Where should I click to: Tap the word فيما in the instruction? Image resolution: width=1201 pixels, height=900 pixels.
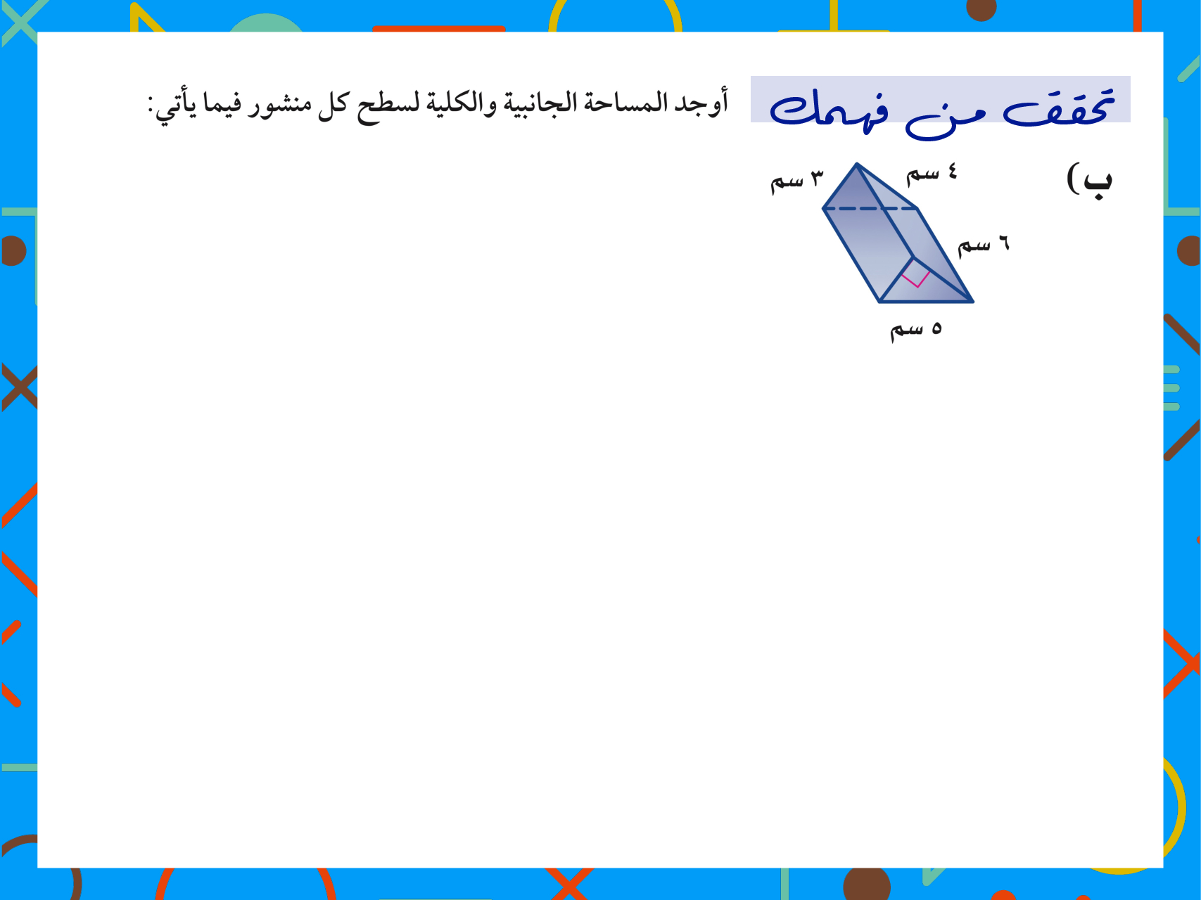tap(222, 104)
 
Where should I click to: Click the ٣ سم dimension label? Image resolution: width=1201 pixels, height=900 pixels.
tap(796, 181)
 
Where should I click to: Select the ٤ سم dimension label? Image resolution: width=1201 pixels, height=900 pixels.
tap(932, 173)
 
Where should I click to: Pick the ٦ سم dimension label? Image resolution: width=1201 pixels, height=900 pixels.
tap(984, 244)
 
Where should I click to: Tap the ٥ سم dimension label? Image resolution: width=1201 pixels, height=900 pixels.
tap(916, 329)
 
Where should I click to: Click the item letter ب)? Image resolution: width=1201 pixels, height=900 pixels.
tap(1090, 180)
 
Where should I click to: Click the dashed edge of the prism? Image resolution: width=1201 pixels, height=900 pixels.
tap(870, 208)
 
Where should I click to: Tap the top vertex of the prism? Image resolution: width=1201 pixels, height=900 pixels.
tap(856, 164)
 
